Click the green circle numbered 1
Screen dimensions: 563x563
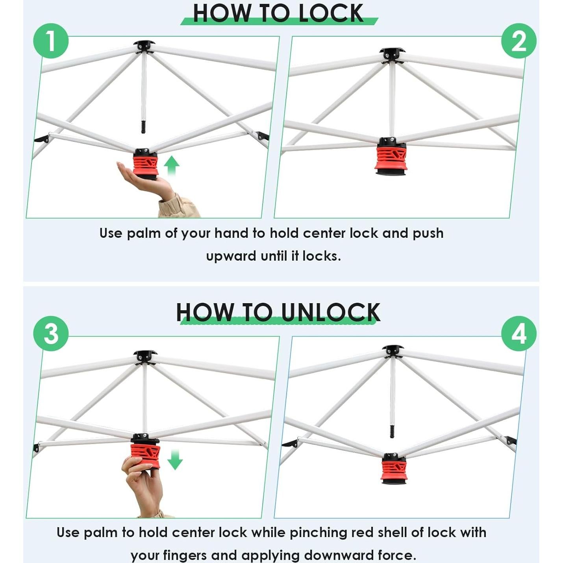51,41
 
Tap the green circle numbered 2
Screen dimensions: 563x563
519,41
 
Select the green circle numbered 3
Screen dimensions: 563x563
51,333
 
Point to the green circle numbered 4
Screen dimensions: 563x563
519,333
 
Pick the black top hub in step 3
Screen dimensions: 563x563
145,357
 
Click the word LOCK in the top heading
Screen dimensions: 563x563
331,13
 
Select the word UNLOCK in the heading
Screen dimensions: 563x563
330,312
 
